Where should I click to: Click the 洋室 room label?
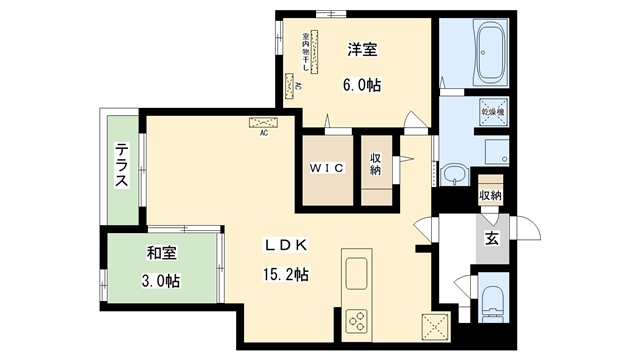[361, 47]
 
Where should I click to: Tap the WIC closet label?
[326, 168]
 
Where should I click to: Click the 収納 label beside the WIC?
[375, 164]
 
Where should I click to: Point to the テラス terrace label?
[121, 167]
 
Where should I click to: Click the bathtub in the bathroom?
[490, 56]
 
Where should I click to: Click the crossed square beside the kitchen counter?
[436, 324]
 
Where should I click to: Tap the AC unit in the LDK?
[264, 122]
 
